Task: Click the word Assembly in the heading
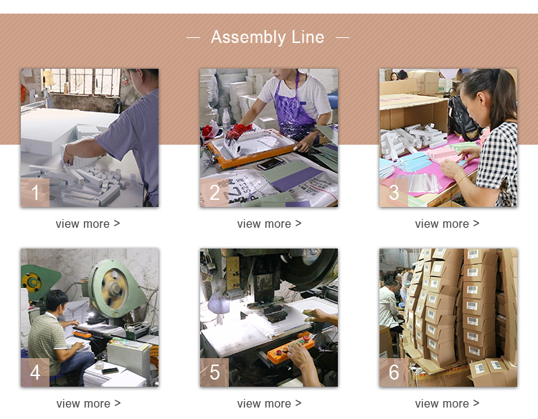pos(248,37)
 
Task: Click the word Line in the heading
pos(308,37)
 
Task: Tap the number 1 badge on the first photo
pos(35,192)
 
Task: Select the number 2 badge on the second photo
pos(214,192)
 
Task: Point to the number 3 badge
pos(394,192)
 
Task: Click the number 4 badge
pos(35,372)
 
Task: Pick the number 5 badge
pos(214,372)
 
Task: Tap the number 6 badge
pos(394,372)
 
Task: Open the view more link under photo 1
pos(88,223)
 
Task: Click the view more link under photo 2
pos(269,223)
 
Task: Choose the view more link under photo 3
pos(447,223)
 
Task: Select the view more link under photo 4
pos(88,403)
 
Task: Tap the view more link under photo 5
pos(269,403)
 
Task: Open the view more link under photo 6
pos(447,403)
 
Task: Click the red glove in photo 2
pos(237,130)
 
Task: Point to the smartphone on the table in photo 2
pos(270,163)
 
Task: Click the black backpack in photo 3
pos(463,117)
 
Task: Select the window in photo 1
pos(82,82)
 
